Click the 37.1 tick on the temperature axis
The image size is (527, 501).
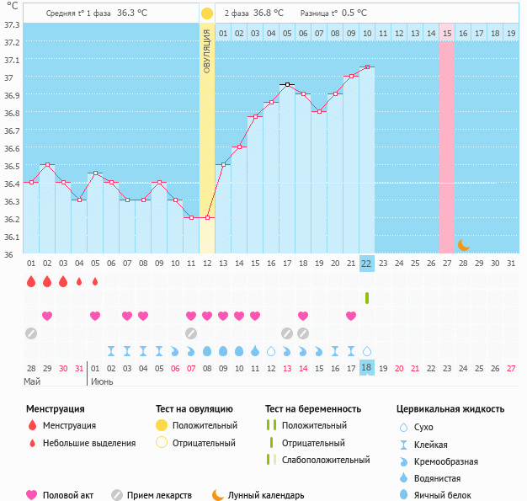click(x=12, y=61)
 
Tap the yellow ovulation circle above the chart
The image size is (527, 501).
click(x=207, y=13)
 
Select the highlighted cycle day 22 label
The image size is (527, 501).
click(x=366, y=263)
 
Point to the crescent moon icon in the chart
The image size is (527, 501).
click(x=464, y=245)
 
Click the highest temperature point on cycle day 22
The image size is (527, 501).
click(x=366, y=67)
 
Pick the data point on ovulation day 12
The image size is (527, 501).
click(x=207, y=217)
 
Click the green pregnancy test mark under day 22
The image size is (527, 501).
click(x=367, y=298)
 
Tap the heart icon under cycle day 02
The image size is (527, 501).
click(x=47, y=316)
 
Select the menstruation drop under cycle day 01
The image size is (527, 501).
click(x=31, y=281)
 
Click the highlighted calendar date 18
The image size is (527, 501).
click(x=366, y=368)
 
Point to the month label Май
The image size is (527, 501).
click(x=32, y=381)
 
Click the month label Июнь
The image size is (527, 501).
click(x=102, y=381)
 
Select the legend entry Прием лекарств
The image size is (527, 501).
click(x=159, y=495)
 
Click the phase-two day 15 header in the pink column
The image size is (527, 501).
click(x=447, y=33)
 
